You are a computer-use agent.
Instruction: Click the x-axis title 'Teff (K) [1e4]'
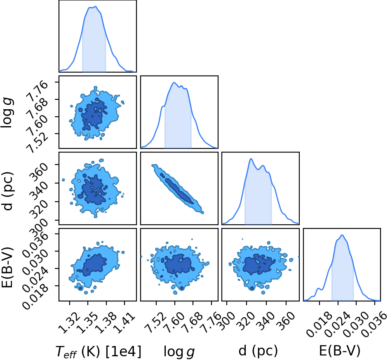coord(98,352)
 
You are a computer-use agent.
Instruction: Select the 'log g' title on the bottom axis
coord(179,352)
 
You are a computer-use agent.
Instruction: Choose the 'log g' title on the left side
coord(7,113)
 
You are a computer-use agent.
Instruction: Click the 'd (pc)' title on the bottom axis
coord(258,351)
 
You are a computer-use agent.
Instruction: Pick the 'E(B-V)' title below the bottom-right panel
coord(340,351)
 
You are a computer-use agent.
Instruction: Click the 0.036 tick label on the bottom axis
coord(374,325)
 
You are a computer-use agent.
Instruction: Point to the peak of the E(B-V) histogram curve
coord(342,235)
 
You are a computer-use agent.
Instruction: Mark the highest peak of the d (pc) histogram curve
coord(251,159)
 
